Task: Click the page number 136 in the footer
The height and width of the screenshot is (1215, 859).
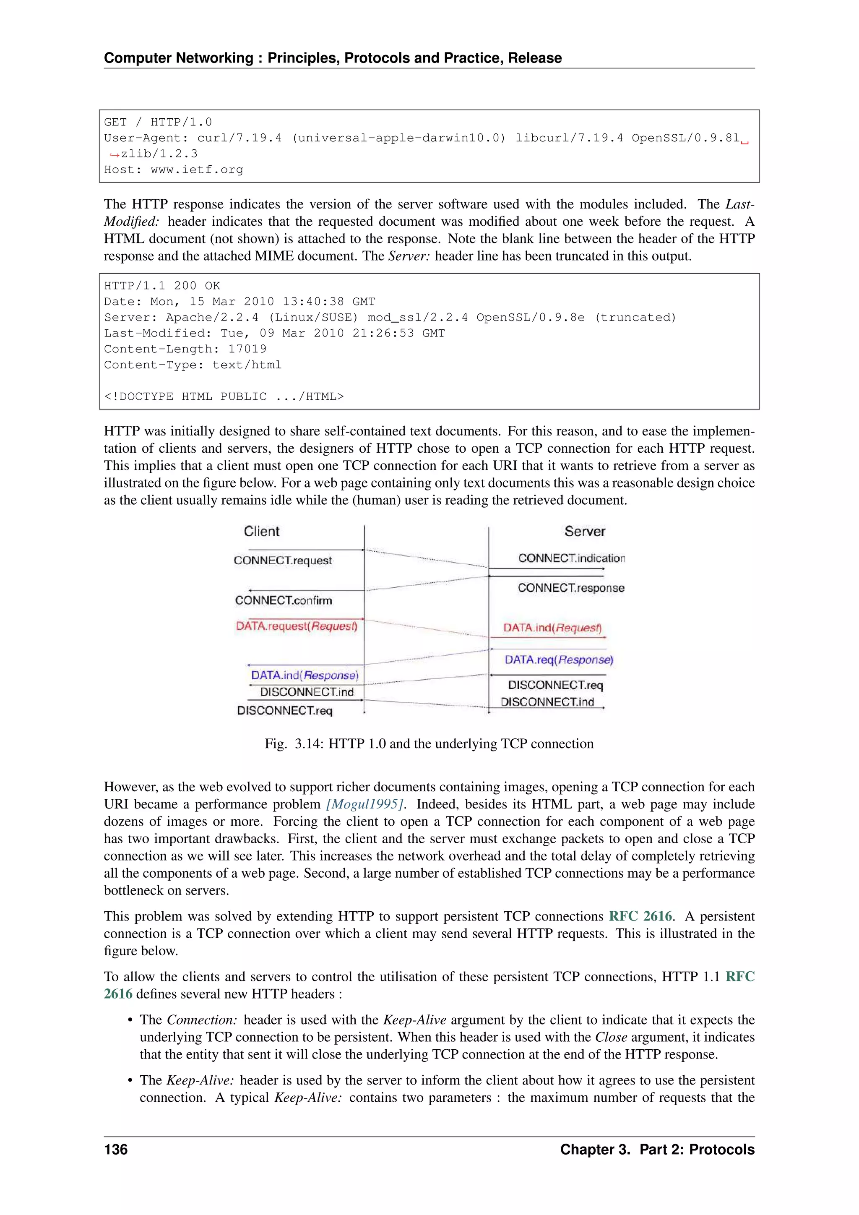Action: click(x=116, y=1150)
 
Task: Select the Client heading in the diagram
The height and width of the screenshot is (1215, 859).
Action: click(x=261, y=531)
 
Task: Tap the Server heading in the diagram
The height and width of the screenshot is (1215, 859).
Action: click(x=584, y=531)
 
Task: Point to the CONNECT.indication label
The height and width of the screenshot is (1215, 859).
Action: click(x=571, y=558)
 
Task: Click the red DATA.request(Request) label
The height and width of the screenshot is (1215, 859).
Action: click(x=297, y=626)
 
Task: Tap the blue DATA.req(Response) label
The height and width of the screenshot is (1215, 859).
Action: click(x=559, y=660)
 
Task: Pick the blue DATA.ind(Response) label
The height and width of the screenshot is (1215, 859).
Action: click(x=305, y=675)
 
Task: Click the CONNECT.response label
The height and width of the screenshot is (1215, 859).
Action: click(x=571, y=588)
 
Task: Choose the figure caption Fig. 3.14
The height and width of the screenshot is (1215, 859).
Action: click(x=429, y=743)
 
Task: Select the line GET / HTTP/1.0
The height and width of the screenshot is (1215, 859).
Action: click(x=158, y=122)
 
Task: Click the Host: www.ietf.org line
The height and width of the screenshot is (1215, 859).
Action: click(x=174, y=170)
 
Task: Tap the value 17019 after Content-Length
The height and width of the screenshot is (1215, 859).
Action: click(x=247, y=349)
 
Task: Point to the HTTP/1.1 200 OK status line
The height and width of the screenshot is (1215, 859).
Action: click(x=162, y=286)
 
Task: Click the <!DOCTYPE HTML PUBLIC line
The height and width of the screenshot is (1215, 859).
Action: click(x=223, y=397)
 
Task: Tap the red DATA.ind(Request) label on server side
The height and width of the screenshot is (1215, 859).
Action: click(x=552, y=628)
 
